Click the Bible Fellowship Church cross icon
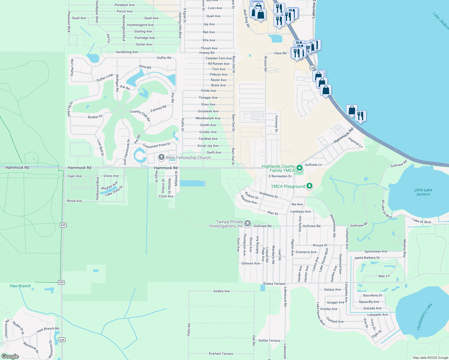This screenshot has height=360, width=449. (x=161, y=157)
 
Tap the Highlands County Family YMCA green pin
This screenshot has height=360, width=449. (x=299, y=168)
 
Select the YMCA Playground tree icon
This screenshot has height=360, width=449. (x=309, y=186)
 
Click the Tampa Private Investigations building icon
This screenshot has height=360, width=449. (x=248, y=223)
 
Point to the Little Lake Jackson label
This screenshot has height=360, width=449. (x=423, y=192)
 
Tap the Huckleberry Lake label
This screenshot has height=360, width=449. (x=424, y=317)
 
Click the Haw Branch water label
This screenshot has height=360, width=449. (x=20, y=286)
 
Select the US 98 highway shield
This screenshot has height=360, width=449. (x=312, y=68)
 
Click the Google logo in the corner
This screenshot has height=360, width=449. (x=10, y=356)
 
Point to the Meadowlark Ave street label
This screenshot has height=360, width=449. (x=208, y=118)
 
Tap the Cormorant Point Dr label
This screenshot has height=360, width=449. (x=157, y=145)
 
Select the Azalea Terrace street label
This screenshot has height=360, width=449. (x=274, y=283)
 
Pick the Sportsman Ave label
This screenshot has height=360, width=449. (x=376, y=251)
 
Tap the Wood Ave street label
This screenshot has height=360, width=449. (x=74, y=201)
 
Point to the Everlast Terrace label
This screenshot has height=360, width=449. (x=221, y=354)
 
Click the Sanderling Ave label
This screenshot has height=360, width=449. (x=127, y=52)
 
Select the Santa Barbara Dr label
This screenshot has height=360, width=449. (x=367, y=258)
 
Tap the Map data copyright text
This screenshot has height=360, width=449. (x=430, y=358)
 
